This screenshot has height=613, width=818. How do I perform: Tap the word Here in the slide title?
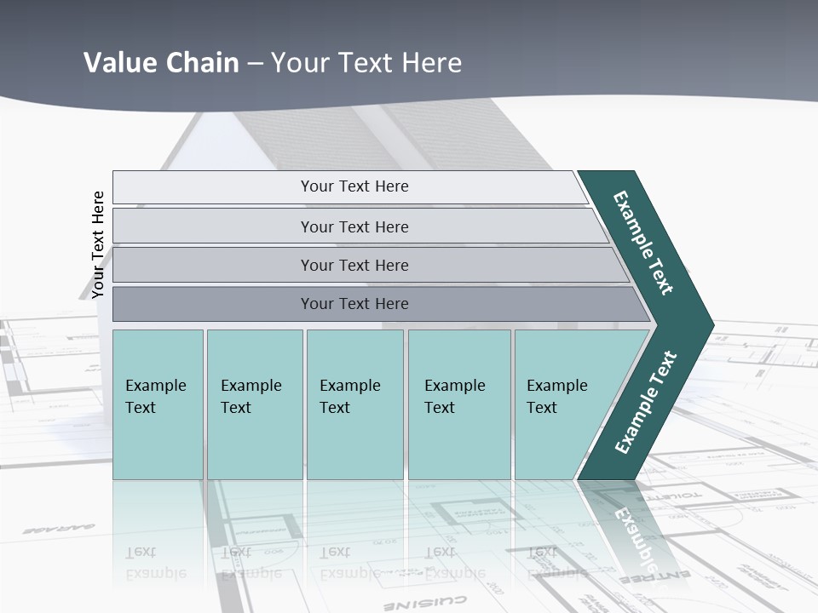(x=431, y=62)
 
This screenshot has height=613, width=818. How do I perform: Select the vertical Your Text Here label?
(x=98, y=244)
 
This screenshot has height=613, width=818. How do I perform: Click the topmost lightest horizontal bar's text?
(x=354, y=186)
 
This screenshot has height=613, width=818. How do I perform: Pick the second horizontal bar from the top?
(x=354, y=226)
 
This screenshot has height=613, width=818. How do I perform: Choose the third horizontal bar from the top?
(x=354, y=265)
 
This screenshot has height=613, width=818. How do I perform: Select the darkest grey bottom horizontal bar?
(x=354, y=304)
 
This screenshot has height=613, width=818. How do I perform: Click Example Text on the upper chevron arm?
(x=643, y=243)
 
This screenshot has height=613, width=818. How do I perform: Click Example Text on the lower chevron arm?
(x=646, y=402)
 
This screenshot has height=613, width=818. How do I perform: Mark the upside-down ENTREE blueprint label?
(x=648, y=578)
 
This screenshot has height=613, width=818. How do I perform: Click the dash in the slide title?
(x=255, y=64)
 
